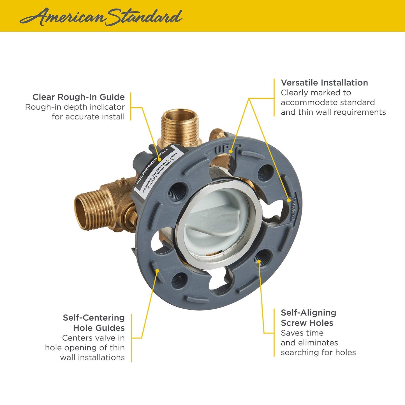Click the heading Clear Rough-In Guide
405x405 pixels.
point(78,97)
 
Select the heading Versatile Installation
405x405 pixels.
point(324,83)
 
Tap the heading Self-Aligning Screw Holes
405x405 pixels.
point(308,318)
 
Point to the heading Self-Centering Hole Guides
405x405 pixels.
point(94,323)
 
